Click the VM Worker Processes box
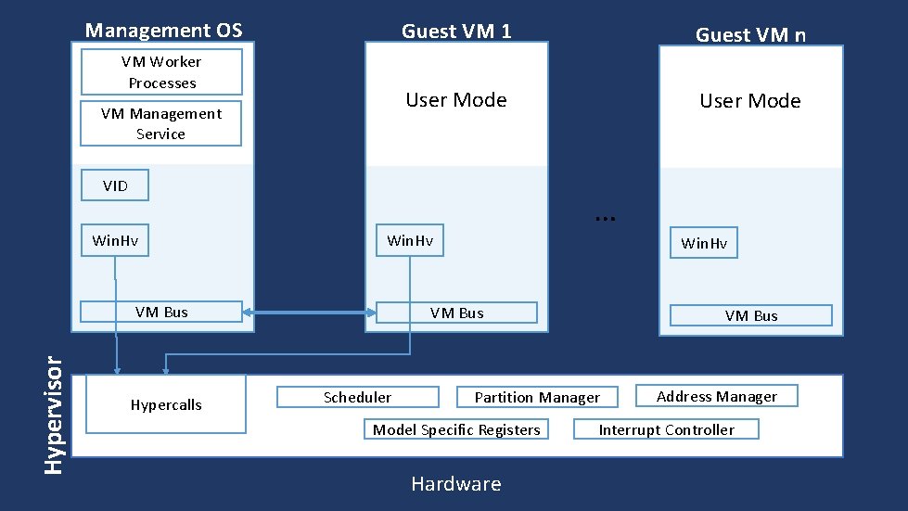click(x=161, y=72)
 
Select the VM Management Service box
click(x=160, y=123)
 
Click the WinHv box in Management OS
click(x=115, y=241)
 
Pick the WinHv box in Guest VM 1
click(x=409, y=241)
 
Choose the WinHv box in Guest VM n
click(x=704, y=243)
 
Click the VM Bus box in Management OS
click(x=161, y=312)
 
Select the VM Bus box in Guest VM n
click(x=751, y=315)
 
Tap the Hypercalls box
click(x=166, y=404)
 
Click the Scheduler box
click(x=358, y=397)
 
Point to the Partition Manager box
click(x=537, y=397)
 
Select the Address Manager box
click(x=716, y=396)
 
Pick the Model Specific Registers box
click(x=456, y=429)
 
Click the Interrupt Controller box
click(x=666, y=429)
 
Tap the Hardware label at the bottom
click(x=455, y=484)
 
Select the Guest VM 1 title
click(x=455, y=31)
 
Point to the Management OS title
click(x=163, y=30)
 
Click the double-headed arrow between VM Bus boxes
click(x=309, y=313)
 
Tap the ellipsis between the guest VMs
click(x=605, y=216)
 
